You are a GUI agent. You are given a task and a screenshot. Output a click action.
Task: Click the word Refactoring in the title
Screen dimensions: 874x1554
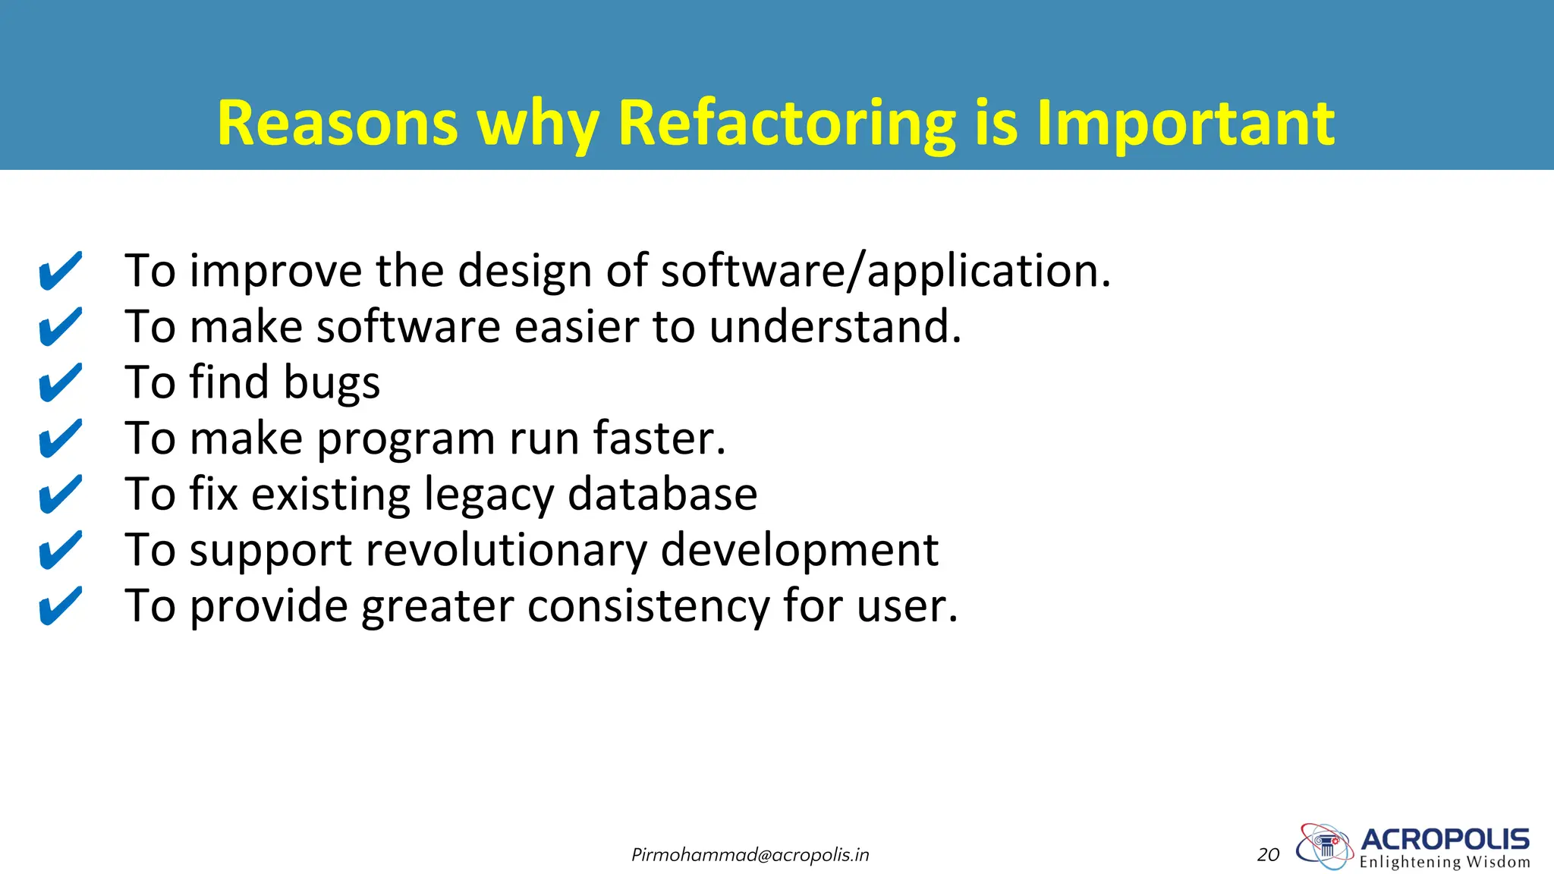(787, 124)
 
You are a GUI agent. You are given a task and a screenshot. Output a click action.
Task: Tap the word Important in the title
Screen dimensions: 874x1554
(1185, 124)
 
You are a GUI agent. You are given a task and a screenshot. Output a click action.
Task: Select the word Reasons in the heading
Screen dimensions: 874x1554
(338, 124)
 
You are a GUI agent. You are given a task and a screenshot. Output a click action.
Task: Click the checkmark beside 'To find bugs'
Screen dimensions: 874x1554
(60, 382)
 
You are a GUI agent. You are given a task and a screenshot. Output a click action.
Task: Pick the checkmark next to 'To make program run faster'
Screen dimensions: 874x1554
(60, 439)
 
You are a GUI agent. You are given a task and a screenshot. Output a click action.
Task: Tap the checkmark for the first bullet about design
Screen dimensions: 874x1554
(60, 271)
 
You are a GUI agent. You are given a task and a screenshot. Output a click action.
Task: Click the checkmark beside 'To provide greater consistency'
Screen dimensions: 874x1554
(60, 606)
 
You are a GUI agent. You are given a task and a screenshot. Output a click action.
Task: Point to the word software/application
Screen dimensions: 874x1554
(885, 271)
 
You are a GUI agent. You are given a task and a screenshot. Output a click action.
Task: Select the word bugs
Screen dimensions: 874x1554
(332, 383)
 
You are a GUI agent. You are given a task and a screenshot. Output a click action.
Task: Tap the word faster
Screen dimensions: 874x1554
(659, 439)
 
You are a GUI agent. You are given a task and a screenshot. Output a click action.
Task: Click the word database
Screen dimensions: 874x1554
(662, 495)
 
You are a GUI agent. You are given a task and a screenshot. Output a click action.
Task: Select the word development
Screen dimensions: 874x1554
(799, 550)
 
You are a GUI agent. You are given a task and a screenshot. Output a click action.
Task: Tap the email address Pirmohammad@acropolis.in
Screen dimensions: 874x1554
(750, 855)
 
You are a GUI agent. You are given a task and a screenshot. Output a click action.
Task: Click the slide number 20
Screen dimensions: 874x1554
(1268, 855)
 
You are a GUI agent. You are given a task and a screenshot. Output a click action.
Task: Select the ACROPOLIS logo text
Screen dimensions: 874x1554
(1445, 839)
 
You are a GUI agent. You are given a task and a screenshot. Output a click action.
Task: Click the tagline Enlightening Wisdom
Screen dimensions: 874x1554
(1445, 862)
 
